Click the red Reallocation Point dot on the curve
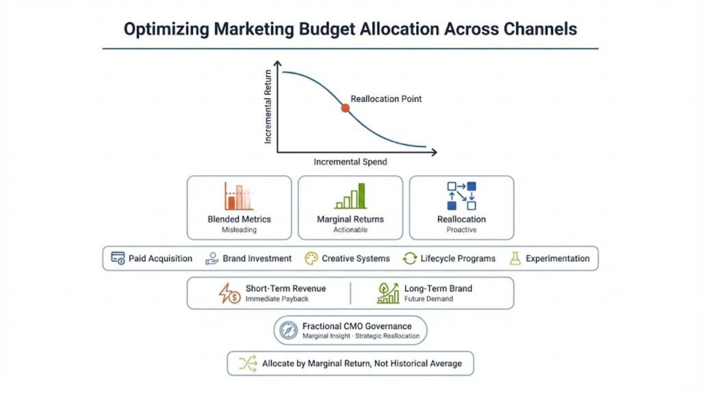click(x=345, y=108)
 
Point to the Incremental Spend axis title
click(x=350, y=162)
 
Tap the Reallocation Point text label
click(x=386, y=98)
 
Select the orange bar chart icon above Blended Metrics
click(x=238, y=196)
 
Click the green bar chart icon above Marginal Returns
click(x=350, y=196)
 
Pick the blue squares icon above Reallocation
click(x=461, y=196)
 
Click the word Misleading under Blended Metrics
click(x=239, y=230)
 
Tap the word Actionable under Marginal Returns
click(x=350, y=230)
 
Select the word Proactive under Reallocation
click(x=461, y=230)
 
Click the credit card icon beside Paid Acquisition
click(x=118, y=259)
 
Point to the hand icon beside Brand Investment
click(x=212, y=259)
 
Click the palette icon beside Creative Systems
click(x=311, y=259)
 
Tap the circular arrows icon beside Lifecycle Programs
click(x=410, y=259)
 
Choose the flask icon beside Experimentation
click(x=515, y=259)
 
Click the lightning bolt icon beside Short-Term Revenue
click(x=229, y=293)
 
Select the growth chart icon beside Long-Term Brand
click(x=388, y=293)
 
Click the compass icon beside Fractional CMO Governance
click(x=287, y=330)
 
